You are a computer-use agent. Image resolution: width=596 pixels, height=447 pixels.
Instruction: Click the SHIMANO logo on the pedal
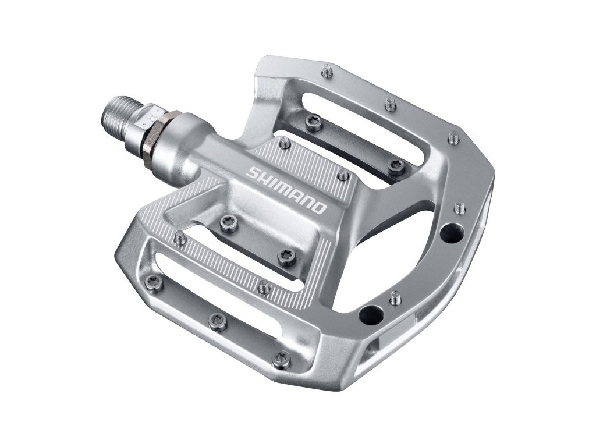pos(286,190)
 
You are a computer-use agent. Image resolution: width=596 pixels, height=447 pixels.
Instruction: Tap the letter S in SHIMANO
pos(253,172)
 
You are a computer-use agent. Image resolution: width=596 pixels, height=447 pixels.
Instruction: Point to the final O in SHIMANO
pos(320,208)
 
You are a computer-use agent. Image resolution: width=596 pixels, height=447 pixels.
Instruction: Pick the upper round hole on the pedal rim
pos(451,233)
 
